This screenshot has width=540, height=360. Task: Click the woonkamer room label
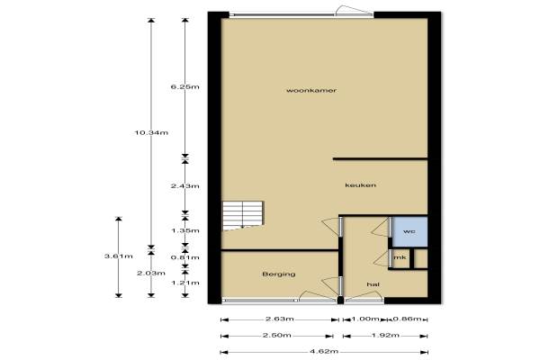pyautogui.click(x=311, y=91)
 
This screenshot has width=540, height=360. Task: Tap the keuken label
pyautogui.click(x=361, y=185)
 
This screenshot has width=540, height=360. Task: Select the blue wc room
pyautogui.click(x=409, y=231)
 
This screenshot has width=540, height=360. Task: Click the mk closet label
pyautogui.click(x=400, y=257)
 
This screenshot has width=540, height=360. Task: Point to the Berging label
pyautogui.click(x=279, y=274)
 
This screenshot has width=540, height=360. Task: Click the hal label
pyautogui.click(x=373, y=284)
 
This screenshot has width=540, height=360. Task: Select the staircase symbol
pyautogui.click(x=243, y=216)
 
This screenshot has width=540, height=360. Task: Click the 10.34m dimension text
pyautogui.click(x=151, y=132)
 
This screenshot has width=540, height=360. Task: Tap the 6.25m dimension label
pyautogui.click(x=184, y=86)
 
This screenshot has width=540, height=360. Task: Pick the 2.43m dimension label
pyautogui.click(x=184, y=186)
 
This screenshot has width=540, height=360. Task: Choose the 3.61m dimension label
pyautogui.click(x=119, y=256)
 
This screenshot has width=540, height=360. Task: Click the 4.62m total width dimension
pyautogui.click(x=324, y=352)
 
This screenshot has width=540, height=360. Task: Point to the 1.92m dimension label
pyautogui.click(x=385, y=335)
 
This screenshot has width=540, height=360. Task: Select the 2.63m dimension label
pyautogui.click(x=280, y=319)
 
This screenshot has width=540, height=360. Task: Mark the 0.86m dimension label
pyautogui.click(x=408, y=319)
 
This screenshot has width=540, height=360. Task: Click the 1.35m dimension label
pyautogui.click(x=185, y=230)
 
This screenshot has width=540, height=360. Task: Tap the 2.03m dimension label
pyautogui.click(x=151, y=274)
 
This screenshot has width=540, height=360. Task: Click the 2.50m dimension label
pyautogui.click(x=277, y=335)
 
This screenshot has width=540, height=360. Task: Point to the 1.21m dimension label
pyautogui.click(x=185, y=283)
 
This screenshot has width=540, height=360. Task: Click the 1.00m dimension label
pyautogui.click(x=365, y=319)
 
